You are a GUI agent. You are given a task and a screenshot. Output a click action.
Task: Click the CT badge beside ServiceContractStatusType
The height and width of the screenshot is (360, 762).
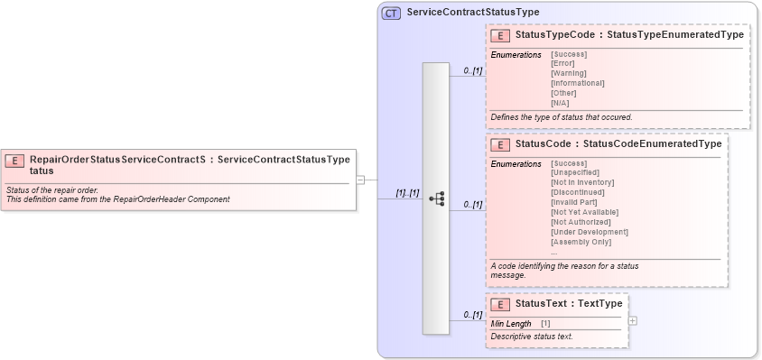tap(391, 13)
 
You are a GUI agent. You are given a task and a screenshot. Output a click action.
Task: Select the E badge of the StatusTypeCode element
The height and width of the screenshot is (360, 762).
tap(499, 35)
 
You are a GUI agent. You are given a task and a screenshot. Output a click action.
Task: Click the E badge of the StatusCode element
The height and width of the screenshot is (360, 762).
tap(499, 144)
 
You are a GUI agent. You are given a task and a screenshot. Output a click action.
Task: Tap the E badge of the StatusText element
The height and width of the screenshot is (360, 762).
tap(499, 304)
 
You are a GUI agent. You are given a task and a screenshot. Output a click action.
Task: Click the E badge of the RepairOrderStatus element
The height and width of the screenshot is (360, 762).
tap(14, 161)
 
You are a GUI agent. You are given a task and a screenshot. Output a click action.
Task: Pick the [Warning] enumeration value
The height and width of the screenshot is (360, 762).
tap(568, 73)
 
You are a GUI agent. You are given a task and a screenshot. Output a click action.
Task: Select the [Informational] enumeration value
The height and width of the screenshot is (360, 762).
tap(577, 83)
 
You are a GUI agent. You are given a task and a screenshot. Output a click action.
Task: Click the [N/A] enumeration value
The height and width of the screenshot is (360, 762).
tap(560, 103)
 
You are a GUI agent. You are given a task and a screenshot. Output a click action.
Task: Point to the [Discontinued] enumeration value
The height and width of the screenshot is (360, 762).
tap(578, 192)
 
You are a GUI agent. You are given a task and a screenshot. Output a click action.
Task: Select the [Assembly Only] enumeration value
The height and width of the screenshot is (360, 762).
tap(581, 242)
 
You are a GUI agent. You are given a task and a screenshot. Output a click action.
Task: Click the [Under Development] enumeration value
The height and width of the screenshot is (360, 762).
tap(589, 232)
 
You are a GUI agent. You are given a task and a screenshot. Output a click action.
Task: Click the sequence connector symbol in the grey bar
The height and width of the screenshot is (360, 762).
tap(436, 198)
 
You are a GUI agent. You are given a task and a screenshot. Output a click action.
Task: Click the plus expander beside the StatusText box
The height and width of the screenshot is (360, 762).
tap(633, 320)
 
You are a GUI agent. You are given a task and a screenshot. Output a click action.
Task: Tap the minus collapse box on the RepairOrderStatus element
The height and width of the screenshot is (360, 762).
tap(360, 180)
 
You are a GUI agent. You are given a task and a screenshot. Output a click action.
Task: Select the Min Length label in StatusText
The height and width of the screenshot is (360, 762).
tap(511, 323)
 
